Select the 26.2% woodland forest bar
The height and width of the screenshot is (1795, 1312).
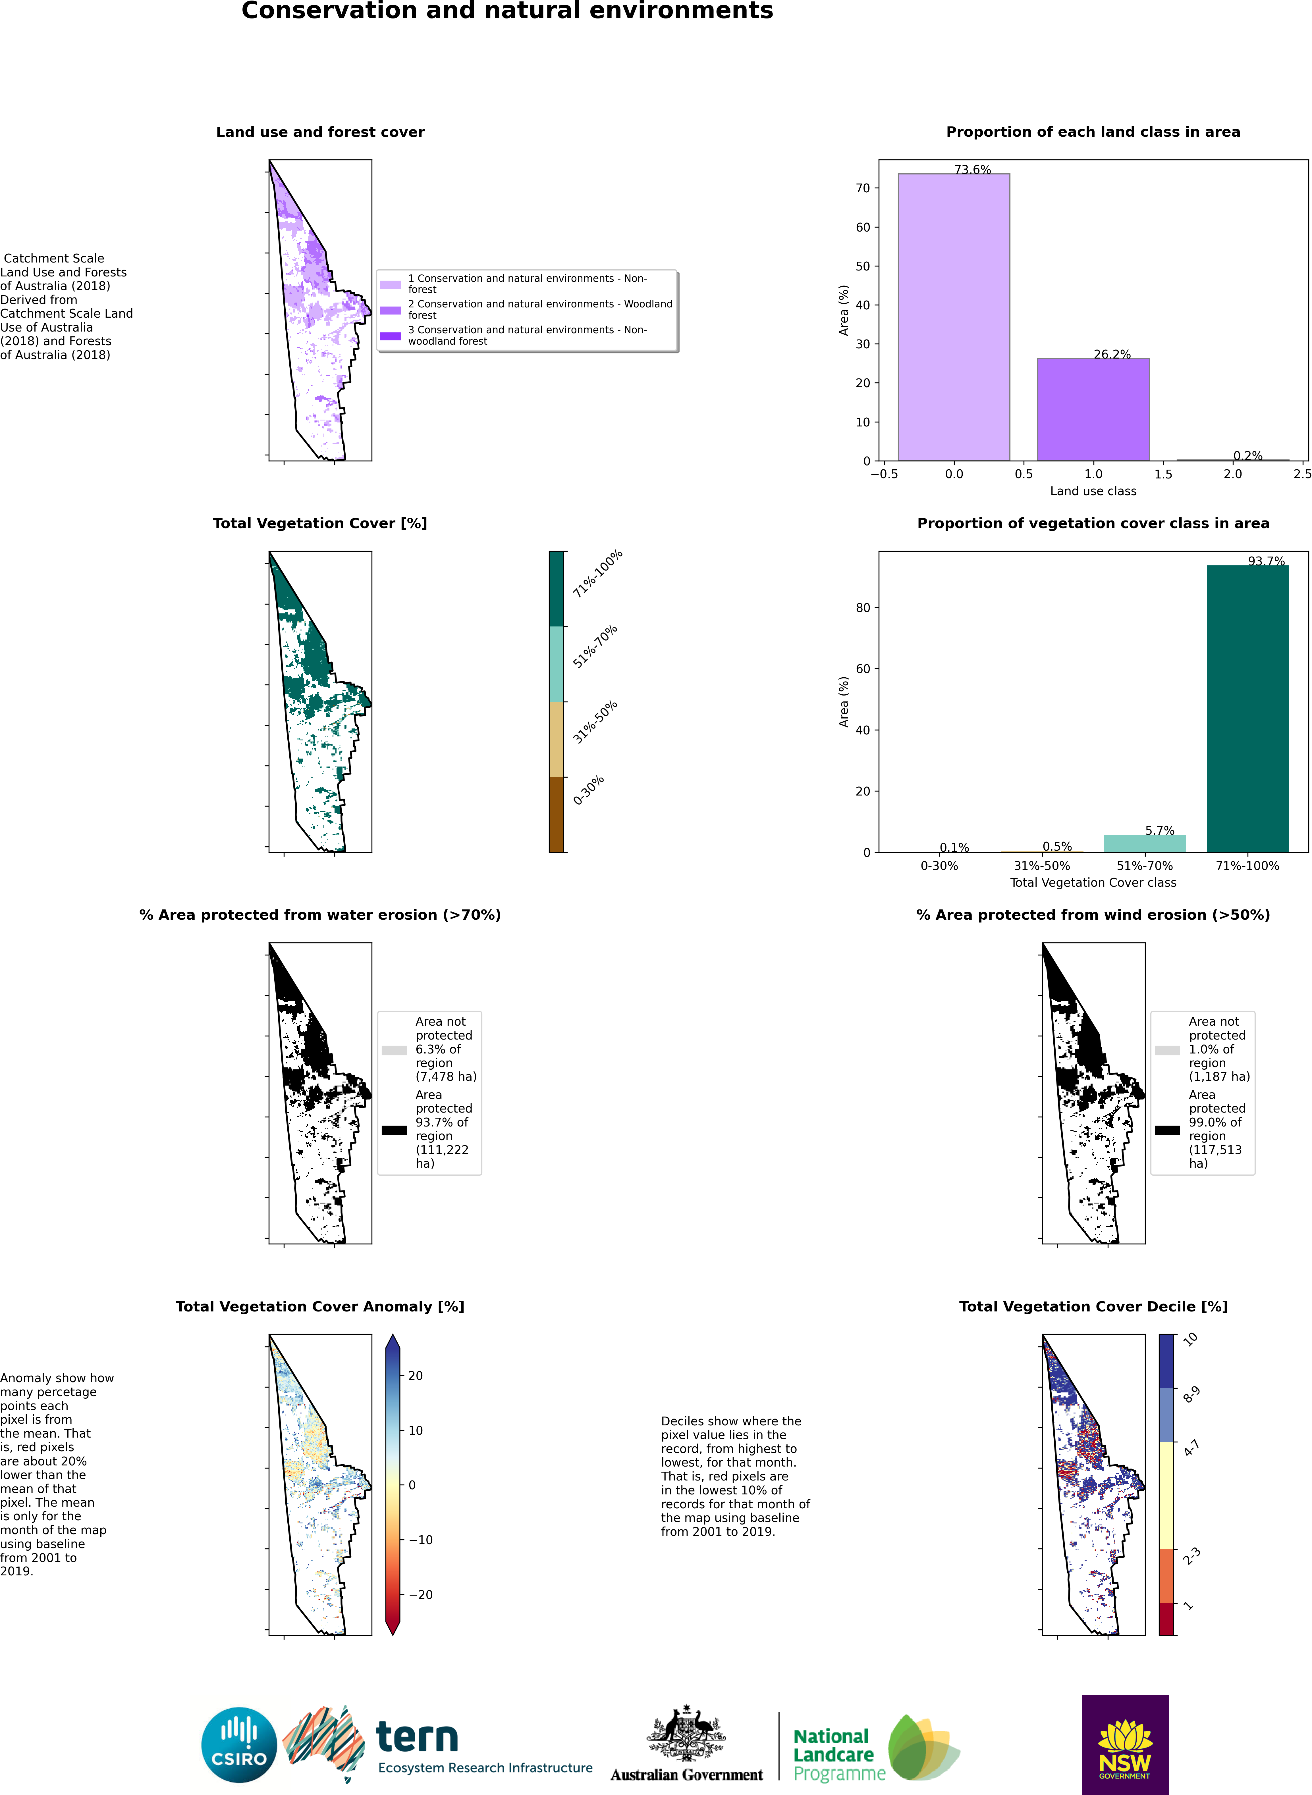pyautogui.click(x=1093, y=410)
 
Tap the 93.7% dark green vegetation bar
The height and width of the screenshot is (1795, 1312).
pyautogui.click(x=1248, y=709)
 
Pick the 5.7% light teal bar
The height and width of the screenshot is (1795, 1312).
pyautogui.click(x=1144, y=844)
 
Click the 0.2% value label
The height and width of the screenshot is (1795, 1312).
pyautogui.click(x=1248, y=456)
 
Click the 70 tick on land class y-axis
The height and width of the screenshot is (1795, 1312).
pyautogui.click(x=862, y=188)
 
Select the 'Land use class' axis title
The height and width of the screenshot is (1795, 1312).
pyautogui.click(x=1093, y=492)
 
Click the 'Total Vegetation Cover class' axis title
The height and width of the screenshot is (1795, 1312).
pyautogui.click(x=1093, y=883)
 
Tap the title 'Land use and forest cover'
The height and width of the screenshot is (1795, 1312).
pyautogui.click(x=320, y=132)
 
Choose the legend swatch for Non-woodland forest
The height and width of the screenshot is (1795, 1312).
pyautogui.click(x=390, y=336)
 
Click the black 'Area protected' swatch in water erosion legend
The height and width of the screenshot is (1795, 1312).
pyautogui.click(x=394, y=1130)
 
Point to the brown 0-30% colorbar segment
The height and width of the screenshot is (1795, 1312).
pyautogui.click(x=556, y=815)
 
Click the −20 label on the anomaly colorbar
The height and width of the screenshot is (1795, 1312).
pyautogui.click(x=421, y=1595)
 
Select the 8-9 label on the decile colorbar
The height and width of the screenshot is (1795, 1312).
pyautogui.click(x=1191, y=1395)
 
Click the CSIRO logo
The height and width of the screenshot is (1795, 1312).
pyautogui.click(x=239, y=1745)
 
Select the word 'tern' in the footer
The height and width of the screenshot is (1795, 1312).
pyautogui.click(x=417, y=1737)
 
